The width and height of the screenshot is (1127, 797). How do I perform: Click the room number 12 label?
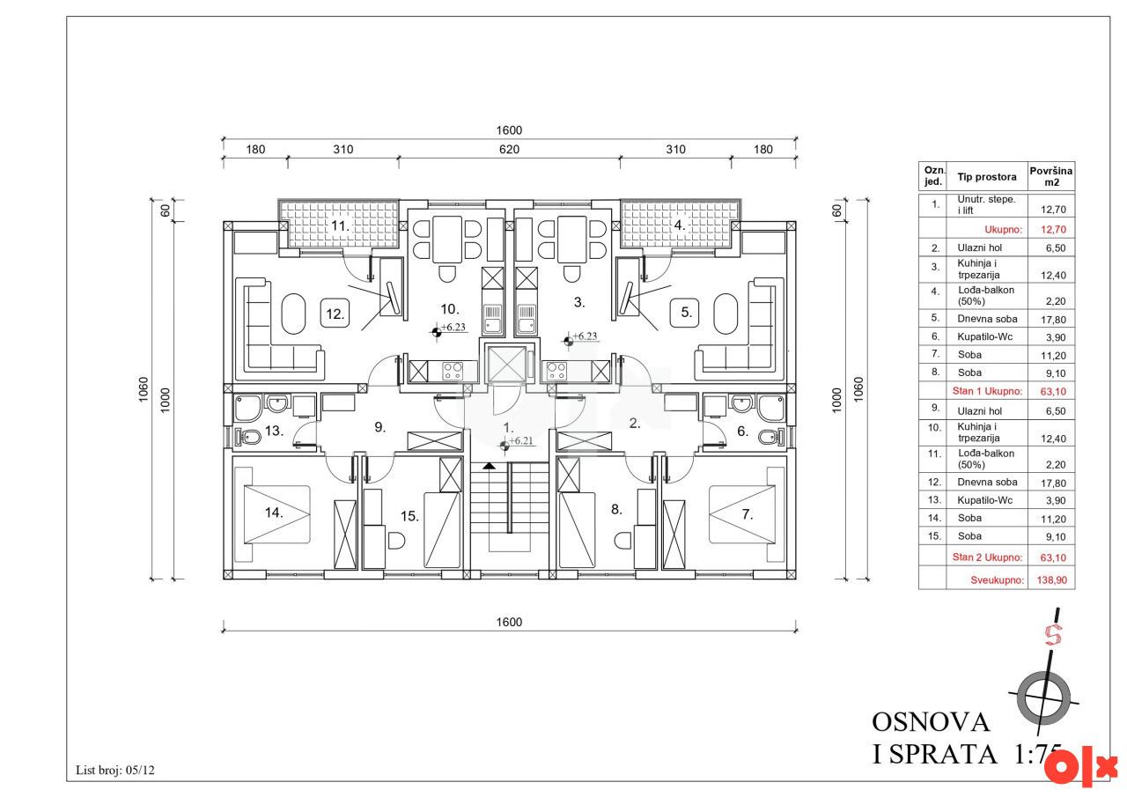click(x=335, y=314)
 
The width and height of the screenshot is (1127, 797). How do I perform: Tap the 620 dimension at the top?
click(x=509, y=150)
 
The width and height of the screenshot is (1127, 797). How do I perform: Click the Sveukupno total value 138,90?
click(x=1051, y=580)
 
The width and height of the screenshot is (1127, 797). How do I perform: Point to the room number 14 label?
click(x=274, y=513)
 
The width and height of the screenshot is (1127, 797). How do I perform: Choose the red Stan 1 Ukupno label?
click(x=987, y=391)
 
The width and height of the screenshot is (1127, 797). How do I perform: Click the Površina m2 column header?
click(x=1051, y=176)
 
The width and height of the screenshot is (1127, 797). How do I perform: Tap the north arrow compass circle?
click(x=1043, y=697)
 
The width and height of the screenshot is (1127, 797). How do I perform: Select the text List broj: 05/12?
click(x=115, y=770)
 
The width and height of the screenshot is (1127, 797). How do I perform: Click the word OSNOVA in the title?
click(x=931, y=722)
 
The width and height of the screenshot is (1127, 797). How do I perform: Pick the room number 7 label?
click(x=748, y=514)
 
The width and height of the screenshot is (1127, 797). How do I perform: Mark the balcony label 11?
click(x=340, y=226)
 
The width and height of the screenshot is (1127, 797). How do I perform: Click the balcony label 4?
click(x=679, y=225)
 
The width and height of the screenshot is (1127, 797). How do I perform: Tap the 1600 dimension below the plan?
click(x=509, y=622)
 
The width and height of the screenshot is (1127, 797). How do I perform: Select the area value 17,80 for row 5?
click(x=1053, y=320)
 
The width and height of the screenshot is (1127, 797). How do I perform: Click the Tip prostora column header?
click(x=987, y=177)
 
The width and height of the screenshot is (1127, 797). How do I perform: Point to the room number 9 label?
click(x=379, y=427)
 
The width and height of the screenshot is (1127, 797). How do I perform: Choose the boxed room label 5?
click(x=684, y=313)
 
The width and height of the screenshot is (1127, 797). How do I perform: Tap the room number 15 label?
click(x=409, y=516)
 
